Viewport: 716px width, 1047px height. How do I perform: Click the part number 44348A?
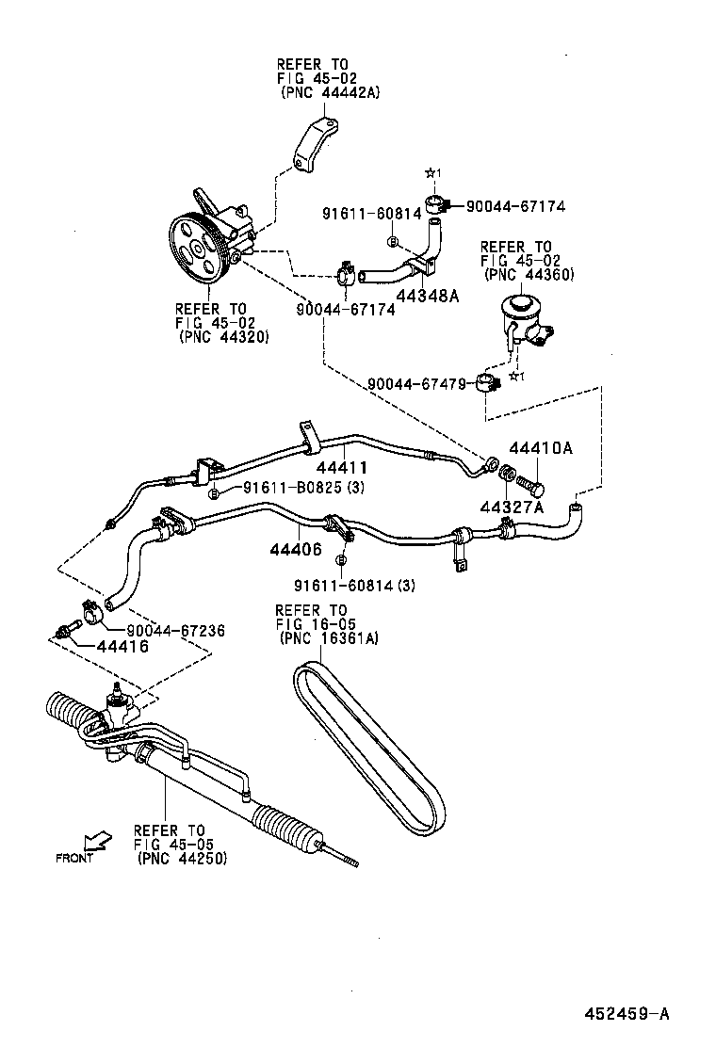[428, 296]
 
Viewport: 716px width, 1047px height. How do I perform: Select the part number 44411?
[341, 467]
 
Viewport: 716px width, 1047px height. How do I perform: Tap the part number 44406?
[294, 548]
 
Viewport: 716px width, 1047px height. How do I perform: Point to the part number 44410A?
[540, 448]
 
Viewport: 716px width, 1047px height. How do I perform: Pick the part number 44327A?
[513, 507]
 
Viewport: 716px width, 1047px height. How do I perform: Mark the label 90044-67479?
[418, 384]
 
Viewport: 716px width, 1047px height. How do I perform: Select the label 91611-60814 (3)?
[354, 585]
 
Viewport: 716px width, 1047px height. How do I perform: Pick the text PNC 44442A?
[330, 92]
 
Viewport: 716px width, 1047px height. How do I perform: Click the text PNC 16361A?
[330, 637]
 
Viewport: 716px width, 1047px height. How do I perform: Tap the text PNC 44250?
[182, 859]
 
